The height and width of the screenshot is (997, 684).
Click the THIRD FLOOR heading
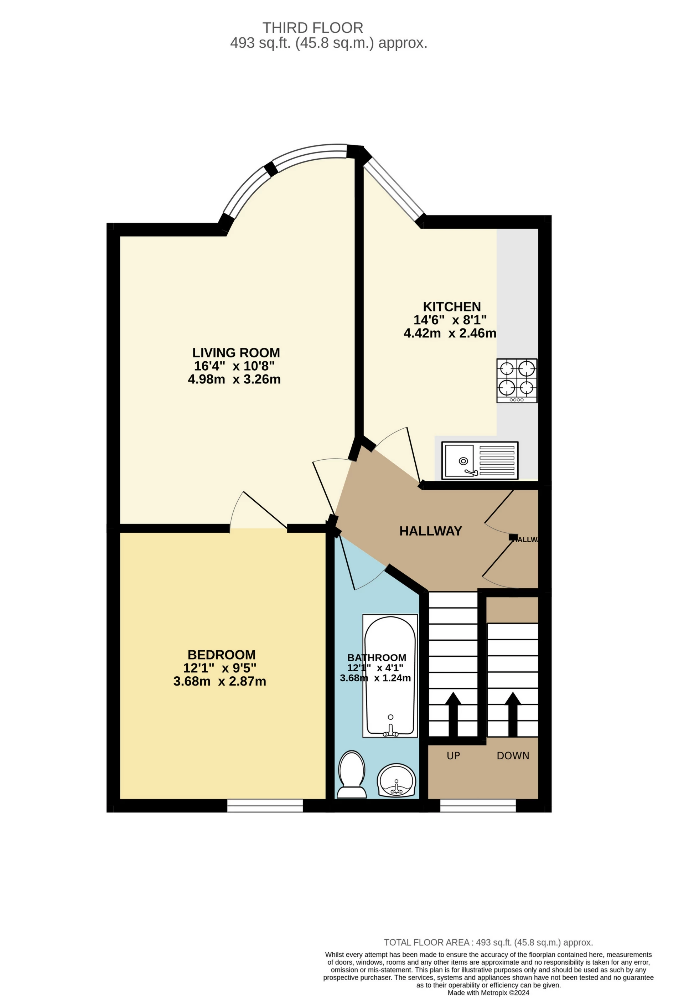point(313,28)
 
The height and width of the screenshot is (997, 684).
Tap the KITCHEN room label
point(452,307)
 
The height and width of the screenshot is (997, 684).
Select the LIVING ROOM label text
point(236,353)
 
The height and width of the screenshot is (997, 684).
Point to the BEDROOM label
point(221,655)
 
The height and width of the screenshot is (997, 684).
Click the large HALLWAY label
point(431,531)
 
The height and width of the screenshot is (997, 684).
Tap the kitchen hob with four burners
point(517,381)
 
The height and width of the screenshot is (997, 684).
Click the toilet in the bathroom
point(352,774)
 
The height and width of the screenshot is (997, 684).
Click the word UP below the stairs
point(453,755)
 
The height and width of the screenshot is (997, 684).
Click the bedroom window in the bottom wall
point(265,806)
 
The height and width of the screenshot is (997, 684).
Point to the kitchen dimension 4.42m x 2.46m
point(450,333)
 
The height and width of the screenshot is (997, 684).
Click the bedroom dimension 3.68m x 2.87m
point(219,681)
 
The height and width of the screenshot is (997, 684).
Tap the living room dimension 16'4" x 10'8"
point(234,366)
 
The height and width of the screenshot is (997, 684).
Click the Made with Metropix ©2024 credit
point(488,993)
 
